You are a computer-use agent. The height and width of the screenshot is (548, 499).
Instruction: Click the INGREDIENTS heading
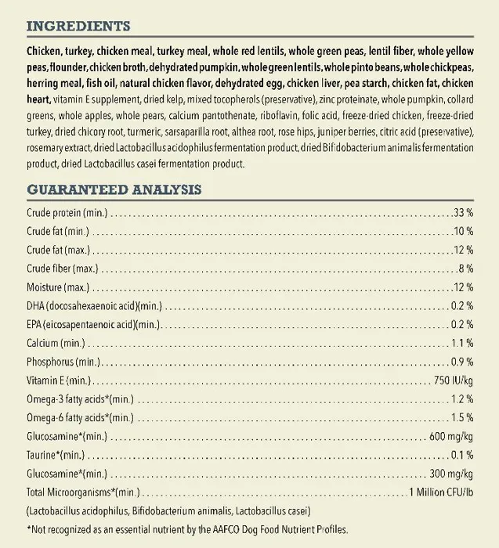pyautogui.click(x=78, y=27)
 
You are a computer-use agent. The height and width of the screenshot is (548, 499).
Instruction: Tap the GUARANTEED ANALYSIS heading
pyautogui.click(x=114, y=189)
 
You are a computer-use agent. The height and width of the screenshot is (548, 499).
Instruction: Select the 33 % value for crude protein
pyautogui.click(x=463, y=213)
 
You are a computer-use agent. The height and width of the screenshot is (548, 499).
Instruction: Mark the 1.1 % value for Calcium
pyautogui.click(x=462, y=343)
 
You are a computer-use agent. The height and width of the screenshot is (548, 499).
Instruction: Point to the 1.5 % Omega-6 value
pyautogui.click(x=462, y=417)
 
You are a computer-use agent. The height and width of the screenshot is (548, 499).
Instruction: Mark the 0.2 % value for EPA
pyautogui.click(x=462, y=324)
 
